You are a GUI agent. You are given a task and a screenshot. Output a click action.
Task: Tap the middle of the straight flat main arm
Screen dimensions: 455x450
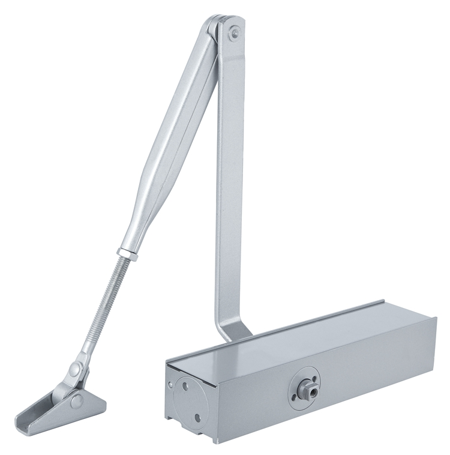pyautogui.click(x=229, y=180)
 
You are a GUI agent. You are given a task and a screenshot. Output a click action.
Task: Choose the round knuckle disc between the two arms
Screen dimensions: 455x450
pyautogui.click(x=213, y=27)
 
